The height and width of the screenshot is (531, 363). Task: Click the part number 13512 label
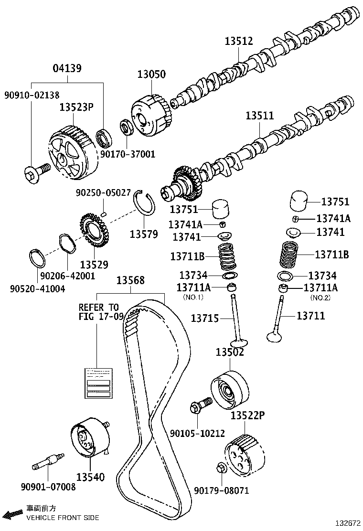click(239, 42)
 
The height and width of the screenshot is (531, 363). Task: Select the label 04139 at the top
click(66, 68)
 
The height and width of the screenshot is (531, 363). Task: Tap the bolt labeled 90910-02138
click(36, 173)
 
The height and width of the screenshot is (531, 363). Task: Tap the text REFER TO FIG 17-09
click(99, 311)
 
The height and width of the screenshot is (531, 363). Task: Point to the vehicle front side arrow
click(13, 514)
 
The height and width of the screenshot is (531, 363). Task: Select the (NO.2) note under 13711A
click(320, 297)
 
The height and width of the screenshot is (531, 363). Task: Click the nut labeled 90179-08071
click(220, 468)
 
